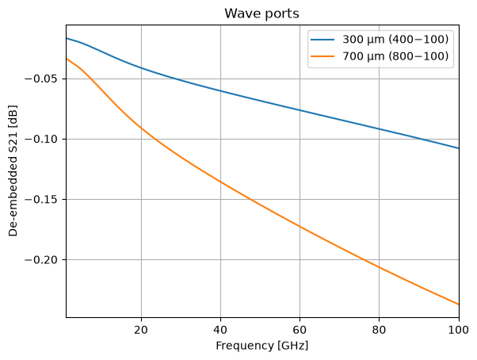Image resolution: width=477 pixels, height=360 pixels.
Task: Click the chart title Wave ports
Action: click(261, 13)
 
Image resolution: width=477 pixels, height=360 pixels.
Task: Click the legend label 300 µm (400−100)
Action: click(395, 40)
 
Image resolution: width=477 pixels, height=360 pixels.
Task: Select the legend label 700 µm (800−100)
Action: click(395, 56)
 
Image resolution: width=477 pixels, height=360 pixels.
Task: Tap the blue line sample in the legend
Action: click(322, 40)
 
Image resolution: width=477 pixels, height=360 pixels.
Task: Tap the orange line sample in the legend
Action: click(322, 56)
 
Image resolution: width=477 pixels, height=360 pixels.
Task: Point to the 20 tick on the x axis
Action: click(141, 330)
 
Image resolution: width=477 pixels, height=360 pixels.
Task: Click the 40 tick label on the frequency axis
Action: click(220, 330)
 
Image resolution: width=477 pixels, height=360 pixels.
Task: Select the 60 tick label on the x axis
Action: click(300, 330)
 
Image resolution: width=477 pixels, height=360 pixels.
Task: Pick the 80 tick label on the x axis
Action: click(379, 330)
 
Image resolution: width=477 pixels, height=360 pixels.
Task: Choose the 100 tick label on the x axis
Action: click(458, 330)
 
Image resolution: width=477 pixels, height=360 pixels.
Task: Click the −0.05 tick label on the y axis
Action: click(41, 79)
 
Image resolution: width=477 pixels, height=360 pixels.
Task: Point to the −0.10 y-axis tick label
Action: click(41, 139)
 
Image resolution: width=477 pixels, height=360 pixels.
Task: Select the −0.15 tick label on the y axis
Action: click(41, 199)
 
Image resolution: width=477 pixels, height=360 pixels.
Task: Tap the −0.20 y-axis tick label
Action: click(41, 259)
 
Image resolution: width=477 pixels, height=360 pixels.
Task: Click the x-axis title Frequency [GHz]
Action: click(262, 346)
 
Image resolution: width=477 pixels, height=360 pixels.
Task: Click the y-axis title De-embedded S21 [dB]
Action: click(13, 170)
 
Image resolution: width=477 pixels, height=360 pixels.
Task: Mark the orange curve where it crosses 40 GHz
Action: click(220, 182)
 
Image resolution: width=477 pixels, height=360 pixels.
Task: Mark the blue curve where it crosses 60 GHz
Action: click(300, 110)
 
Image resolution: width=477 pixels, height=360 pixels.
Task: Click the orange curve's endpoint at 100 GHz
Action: click(459, 304)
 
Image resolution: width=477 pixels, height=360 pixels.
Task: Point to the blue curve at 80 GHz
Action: click(379, 129)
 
